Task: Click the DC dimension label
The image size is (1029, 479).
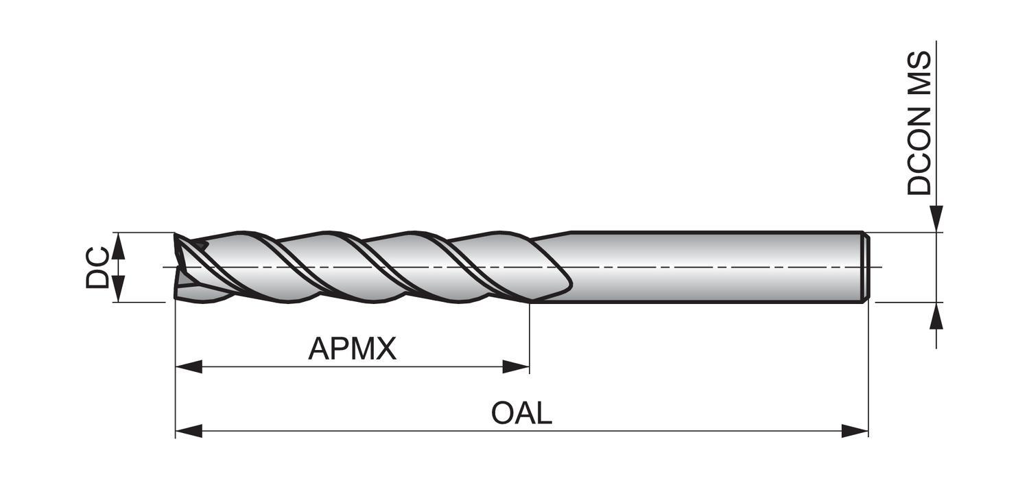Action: (97, 268)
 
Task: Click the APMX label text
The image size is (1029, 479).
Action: (352, 349)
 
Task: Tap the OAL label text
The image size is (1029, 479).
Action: (521, 413)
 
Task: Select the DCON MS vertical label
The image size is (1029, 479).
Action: (920, 124)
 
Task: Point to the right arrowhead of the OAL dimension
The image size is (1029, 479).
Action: (855, 431)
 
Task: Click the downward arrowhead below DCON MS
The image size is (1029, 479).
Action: (936, 219)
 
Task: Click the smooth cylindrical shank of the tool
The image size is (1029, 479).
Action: (713, 266)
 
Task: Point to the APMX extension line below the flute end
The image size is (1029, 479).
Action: (530, 336)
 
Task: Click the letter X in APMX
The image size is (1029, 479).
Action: (386, 349)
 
